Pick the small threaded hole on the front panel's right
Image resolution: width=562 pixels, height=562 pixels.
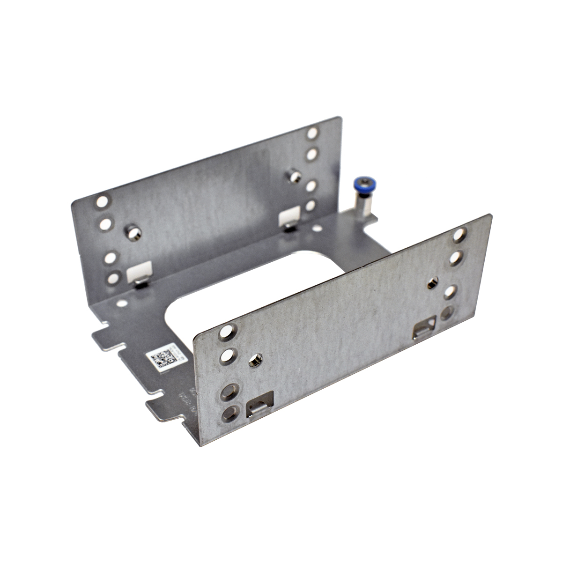click(432, 283)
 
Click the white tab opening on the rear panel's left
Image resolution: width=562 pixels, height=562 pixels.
click(140, 275)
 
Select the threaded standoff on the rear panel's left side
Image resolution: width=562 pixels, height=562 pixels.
click(132, 231)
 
